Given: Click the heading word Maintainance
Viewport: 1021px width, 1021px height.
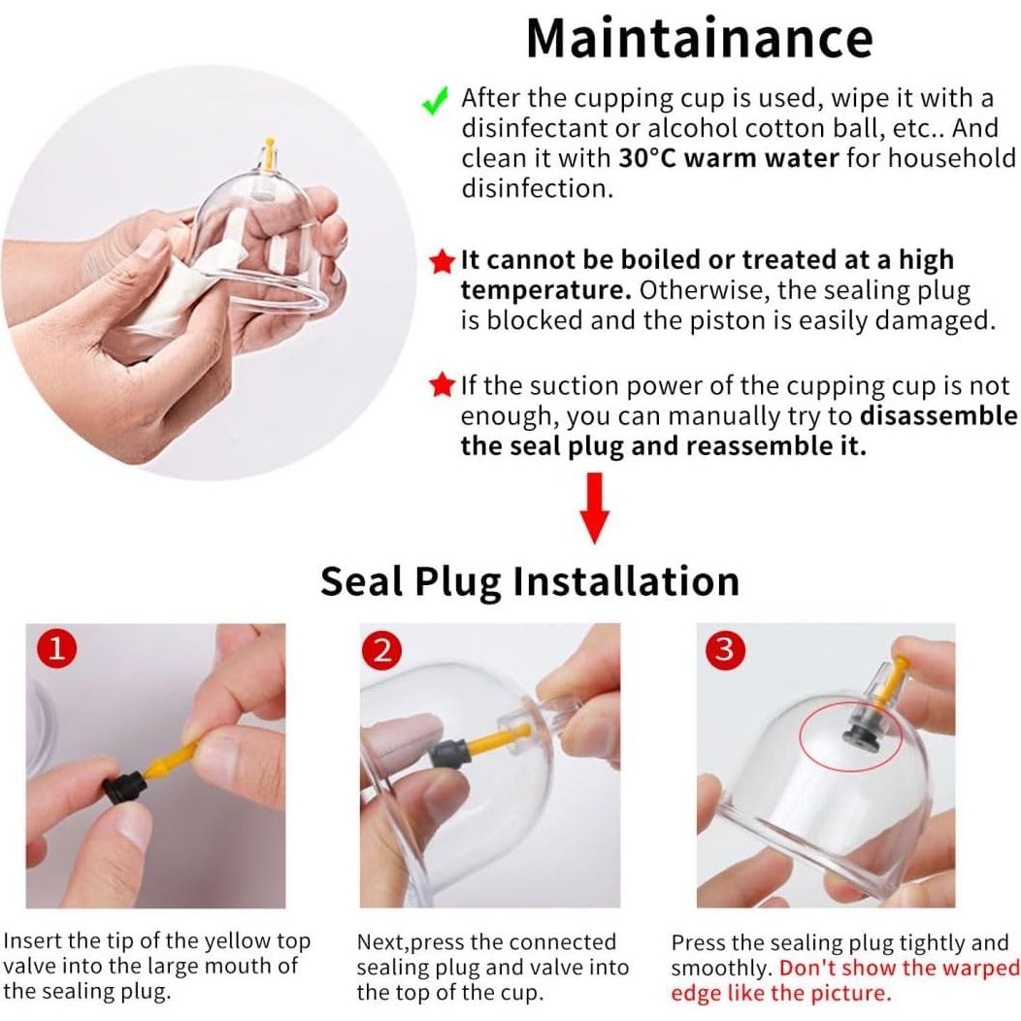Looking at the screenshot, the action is point(700,38).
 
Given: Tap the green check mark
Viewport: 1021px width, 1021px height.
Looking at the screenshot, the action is point(435,101).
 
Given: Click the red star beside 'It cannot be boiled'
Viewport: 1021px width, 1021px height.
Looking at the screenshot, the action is point(443,262).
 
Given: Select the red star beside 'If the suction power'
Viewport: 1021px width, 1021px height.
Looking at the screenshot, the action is point(443,385).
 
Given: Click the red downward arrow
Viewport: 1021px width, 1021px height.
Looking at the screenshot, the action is point(594,508).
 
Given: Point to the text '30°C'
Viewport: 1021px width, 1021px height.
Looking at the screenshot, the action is point(648,158).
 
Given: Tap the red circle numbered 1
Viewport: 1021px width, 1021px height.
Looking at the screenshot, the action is point(56,648).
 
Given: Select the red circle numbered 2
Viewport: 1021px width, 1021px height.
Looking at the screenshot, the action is point(382,649).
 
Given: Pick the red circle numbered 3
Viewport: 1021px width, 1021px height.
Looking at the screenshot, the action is point(724,648).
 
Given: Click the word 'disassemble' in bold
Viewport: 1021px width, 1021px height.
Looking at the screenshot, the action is point(939,415).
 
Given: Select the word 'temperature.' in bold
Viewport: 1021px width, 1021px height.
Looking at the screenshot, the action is point(545,290).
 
